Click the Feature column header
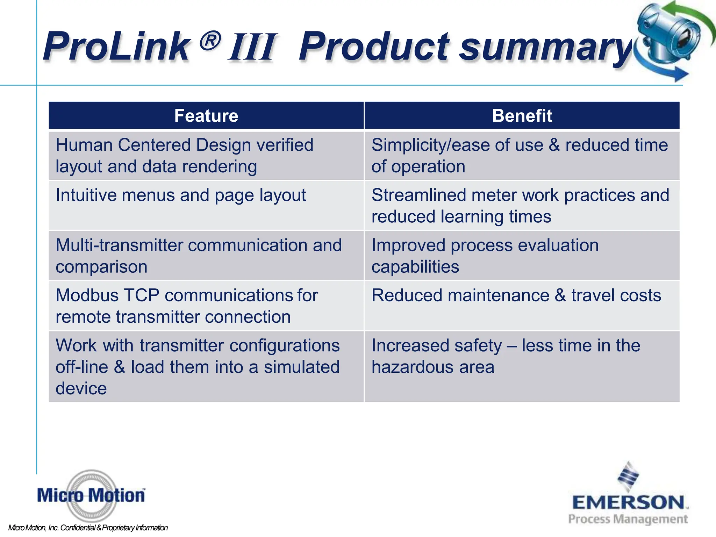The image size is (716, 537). click(206, 116)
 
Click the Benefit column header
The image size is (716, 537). click(522, 116)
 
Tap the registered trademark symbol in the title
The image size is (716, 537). click(210, 40)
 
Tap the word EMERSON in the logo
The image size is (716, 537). click(629, 503)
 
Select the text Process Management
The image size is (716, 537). click(628, 519)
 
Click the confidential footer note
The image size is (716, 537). click(88, 528)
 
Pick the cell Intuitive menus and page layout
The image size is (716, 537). click(181, 195)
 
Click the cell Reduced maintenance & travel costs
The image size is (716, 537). click(516, 295)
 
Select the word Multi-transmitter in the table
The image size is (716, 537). click(119, 245)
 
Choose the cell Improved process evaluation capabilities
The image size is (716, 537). click(485, 256)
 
